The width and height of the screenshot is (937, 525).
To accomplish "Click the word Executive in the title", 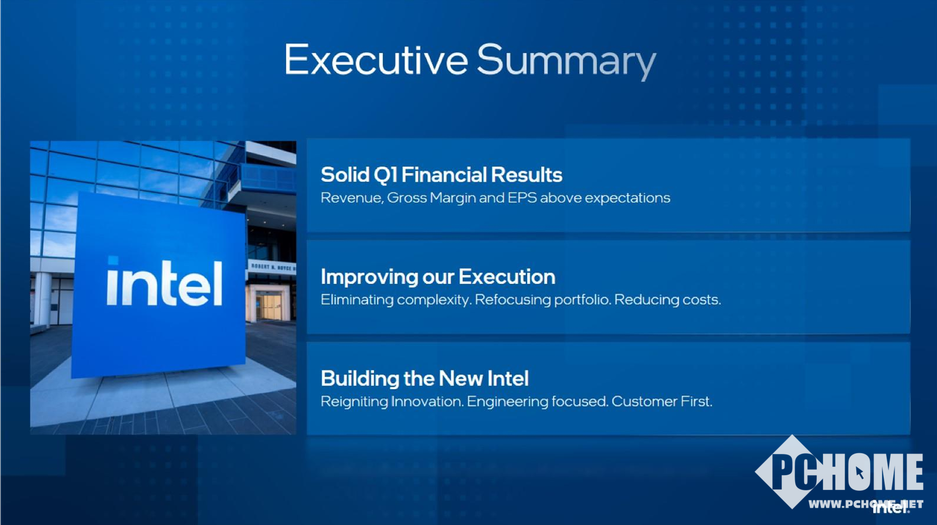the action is (x=376, y=59).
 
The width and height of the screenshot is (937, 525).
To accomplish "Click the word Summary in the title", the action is (x=566, y=61).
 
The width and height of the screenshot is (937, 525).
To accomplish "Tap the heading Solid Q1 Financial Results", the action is (x=441, y=175).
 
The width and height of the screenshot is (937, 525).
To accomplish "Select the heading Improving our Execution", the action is (x=438, y=277).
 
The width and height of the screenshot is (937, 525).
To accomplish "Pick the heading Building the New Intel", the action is (x=425, y=378).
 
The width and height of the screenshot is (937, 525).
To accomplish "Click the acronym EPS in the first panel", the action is (x=522, y=198).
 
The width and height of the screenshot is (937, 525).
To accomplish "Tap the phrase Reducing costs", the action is (x=667, y=299).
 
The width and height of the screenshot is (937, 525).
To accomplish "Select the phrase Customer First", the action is (x=662, y=401).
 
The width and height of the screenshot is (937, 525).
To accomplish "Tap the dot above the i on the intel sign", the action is (x=113, y=261).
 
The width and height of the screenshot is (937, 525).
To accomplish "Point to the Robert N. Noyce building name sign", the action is (x=272, y=267).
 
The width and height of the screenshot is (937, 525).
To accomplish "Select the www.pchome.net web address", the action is (x=866, y=504).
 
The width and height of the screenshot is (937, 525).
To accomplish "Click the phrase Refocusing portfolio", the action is (x=543, y=300).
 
